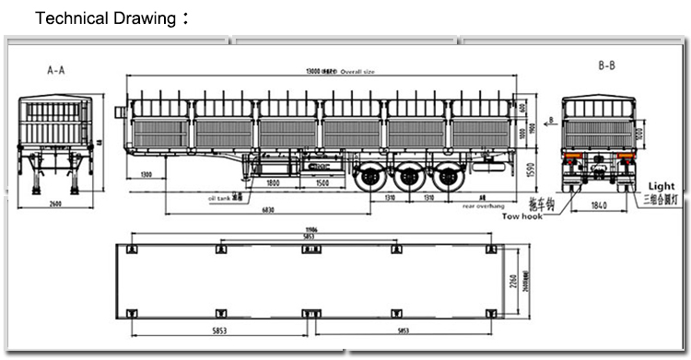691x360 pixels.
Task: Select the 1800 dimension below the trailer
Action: coord(274,183)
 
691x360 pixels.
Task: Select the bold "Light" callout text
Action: coord(662,186)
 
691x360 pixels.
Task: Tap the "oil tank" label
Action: coord(218,196)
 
